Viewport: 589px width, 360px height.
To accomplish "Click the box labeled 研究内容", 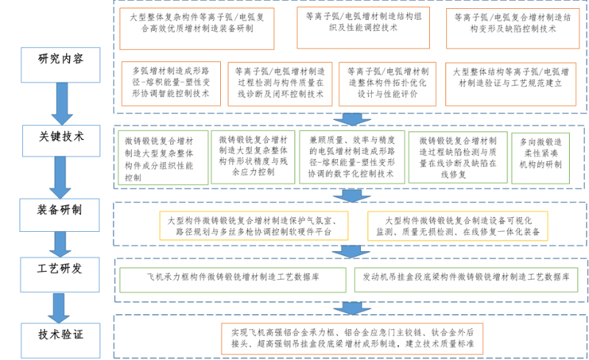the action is tap(60, 65).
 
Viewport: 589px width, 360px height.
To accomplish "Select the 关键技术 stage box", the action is tap(61, 141).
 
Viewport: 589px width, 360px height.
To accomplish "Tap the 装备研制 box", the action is tap(60, 215).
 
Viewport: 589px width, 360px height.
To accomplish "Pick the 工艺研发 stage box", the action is tap(60, 275).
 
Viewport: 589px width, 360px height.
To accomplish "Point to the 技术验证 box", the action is tap(60, 340).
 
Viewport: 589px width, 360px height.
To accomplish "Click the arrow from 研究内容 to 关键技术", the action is tap(62, 104).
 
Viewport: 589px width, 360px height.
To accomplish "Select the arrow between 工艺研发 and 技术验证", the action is tap(59, 308).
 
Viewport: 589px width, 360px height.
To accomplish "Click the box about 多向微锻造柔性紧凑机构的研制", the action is tap(540, 158).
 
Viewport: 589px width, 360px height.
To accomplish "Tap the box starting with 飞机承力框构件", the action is tap(233, 280).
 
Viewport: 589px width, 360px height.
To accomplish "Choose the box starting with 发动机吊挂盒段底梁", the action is tap(466, 280).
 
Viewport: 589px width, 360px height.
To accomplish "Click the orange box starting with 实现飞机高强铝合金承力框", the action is tap(352, 339).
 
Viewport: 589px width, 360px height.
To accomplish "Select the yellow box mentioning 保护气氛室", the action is tap(254, 226).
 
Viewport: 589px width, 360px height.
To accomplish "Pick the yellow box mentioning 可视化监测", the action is tap(457, 226).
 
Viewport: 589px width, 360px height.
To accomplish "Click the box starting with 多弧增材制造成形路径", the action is tap(171, 84).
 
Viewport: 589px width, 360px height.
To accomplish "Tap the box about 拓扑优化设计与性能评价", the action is tap(387, 84).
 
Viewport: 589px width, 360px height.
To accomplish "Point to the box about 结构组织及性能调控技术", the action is tap(363, 28).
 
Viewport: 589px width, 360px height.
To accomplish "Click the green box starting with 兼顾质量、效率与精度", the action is tap(352, 157).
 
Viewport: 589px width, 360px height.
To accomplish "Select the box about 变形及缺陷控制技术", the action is tap(512, 29).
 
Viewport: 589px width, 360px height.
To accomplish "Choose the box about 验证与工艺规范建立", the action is tap(510, 84).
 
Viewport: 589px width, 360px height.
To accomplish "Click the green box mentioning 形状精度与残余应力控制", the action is tap(253, 157).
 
